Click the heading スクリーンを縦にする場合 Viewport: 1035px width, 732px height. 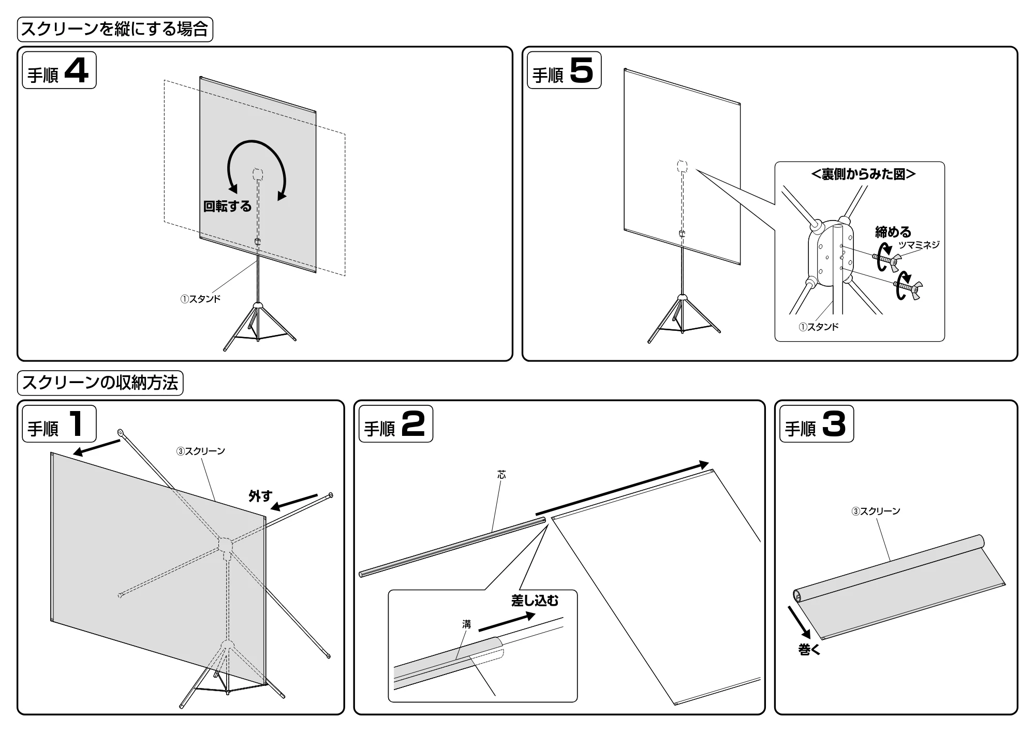[115, 29]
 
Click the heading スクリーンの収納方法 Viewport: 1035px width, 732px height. [100, 383]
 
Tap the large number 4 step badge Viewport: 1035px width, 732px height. [59, 70]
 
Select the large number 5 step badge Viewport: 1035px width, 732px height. [564, 70]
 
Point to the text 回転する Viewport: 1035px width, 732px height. [227, 207]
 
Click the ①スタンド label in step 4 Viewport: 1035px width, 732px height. [200, 299]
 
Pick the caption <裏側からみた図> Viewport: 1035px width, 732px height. [863, 174]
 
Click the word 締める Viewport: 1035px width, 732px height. [893, 231]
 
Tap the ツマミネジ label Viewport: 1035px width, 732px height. [919, 245]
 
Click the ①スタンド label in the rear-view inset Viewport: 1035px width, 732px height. [818, 327]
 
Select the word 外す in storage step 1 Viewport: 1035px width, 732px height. [260, 496]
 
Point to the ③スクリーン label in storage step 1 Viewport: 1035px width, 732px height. [201, 451]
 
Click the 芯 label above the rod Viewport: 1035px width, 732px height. [501, 475]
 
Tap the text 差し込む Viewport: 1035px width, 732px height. [535, 601]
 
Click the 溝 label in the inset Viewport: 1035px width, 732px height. [467, 625]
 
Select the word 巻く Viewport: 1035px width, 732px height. [809, 650]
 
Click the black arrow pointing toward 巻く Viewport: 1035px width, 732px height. [800, 623]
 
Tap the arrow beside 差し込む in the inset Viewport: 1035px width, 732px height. [507, 622]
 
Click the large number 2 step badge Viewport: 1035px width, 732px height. [395, 424]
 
